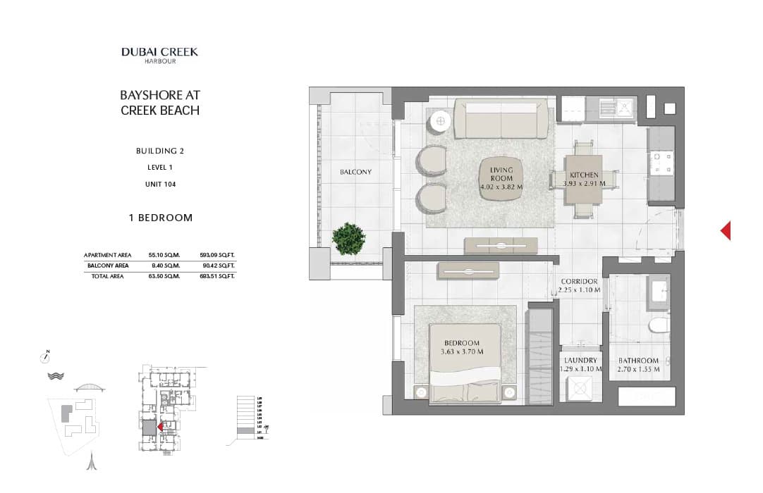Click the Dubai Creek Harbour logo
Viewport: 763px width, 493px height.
[x=159, y=55]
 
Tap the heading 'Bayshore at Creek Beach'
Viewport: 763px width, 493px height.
[x=160, y=103]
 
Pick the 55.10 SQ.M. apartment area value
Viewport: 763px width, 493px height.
[x=164, y=255]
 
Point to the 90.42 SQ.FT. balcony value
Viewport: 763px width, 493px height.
[x=218, y=266]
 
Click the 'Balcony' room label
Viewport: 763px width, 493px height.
[x=355, y=172]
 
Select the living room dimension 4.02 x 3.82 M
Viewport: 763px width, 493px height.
[x=501, y=187]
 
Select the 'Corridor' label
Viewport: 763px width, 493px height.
[x=580, y=282]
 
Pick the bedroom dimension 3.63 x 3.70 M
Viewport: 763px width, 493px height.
[x=460, y=352]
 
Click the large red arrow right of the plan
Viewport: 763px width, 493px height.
[x=726, y=230]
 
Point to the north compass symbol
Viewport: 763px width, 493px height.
[x=46, y=356]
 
